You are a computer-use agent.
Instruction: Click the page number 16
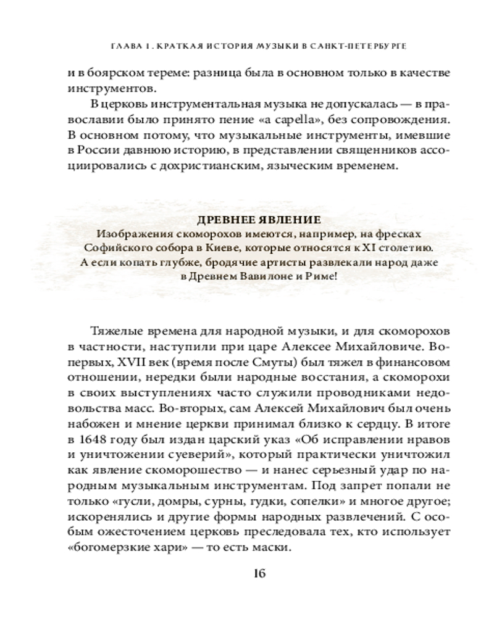click(x=258, y=574)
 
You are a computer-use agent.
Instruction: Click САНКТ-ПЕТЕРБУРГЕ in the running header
click(x=375, y=46)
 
